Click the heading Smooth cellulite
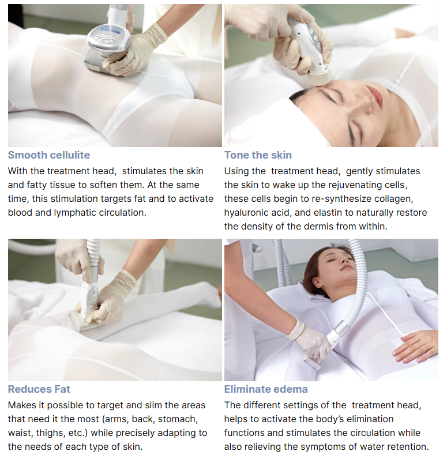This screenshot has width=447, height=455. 49,155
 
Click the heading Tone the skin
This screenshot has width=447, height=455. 258,155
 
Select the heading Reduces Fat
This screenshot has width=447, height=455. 39,389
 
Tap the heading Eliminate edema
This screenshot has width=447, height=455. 266,389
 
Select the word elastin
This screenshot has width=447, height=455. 329,212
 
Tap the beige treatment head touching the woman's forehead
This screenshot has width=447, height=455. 319,76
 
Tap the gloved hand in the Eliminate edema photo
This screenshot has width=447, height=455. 309,339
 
